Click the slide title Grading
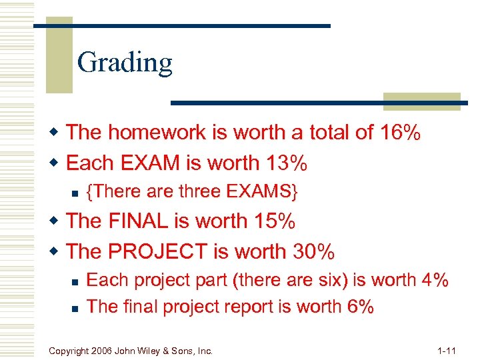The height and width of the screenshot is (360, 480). (x=125, y=63)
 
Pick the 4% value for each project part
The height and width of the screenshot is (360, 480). (x=435, y=280)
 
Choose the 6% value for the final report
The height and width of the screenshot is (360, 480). (x=361, y=306)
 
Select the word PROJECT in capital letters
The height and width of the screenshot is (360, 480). (x=155, y=251)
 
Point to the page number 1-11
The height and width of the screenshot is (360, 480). (x=447, y=349)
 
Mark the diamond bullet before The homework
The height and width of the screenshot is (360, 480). (x=55, y=133)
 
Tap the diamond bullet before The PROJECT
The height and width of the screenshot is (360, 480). (x=55, y=251)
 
